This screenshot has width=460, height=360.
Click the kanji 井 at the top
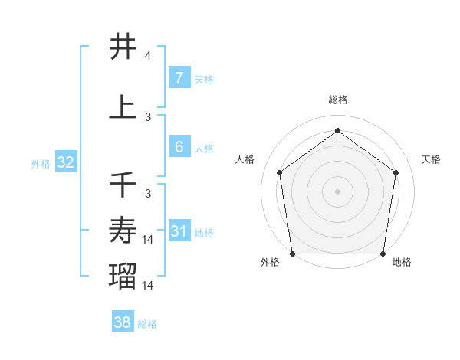coord(123,47)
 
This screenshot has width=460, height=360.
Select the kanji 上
coord(123,108)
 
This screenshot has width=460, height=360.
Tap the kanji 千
coord(123,184)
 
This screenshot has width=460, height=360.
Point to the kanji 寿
coord(123,230)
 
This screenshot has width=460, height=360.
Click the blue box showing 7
coord(179,78)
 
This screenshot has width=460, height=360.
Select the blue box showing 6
coord(179,147)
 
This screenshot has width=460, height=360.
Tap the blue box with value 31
coord(179,231)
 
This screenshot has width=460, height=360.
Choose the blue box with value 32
coord(65,162)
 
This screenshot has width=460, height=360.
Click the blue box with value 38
coord(122,322)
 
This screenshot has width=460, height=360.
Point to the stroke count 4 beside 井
coord(148,56)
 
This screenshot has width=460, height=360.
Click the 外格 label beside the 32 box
coord(41,163)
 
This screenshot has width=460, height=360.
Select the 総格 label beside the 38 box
coord(147,324)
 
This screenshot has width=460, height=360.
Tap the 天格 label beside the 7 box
coord(204,79)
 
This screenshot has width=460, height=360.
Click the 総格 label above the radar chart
coord(338,100)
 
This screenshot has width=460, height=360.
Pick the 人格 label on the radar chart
coord(245,159)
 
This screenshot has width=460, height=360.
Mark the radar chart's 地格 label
coord(402,262)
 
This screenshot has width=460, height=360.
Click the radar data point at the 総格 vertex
coord(337,131)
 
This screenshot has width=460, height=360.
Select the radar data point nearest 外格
coord(292,254)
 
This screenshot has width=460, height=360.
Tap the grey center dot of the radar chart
coord(337,191)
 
